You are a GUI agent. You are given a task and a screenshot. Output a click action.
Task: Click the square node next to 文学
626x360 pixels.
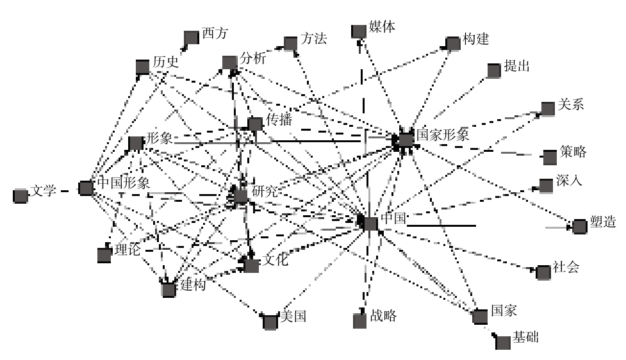pos(21,195)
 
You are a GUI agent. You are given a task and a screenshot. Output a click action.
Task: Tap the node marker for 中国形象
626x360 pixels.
pos(86,188)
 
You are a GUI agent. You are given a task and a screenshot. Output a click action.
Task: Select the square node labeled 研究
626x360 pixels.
pos(241,195)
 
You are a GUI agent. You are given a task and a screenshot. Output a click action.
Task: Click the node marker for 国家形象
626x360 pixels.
pos(406,139)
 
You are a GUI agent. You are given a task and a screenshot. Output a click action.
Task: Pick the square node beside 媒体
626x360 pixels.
pos(359,30)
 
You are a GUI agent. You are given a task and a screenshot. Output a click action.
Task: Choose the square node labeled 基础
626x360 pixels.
pos(504,341)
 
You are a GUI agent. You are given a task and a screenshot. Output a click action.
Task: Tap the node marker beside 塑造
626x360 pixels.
pos(579,226)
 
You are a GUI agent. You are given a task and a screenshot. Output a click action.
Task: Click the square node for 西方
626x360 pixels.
pos(191,38)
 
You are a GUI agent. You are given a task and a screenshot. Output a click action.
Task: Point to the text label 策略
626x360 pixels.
pos(572,152)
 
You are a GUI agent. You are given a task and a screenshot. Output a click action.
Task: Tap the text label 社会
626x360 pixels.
pos(566,267)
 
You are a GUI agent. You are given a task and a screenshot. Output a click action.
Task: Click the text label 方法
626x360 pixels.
pos(314,39)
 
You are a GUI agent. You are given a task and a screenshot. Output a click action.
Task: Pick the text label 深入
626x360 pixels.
pos(570,181)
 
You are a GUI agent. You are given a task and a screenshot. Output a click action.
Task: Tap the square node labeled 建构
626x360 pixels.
pos(169,290)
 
